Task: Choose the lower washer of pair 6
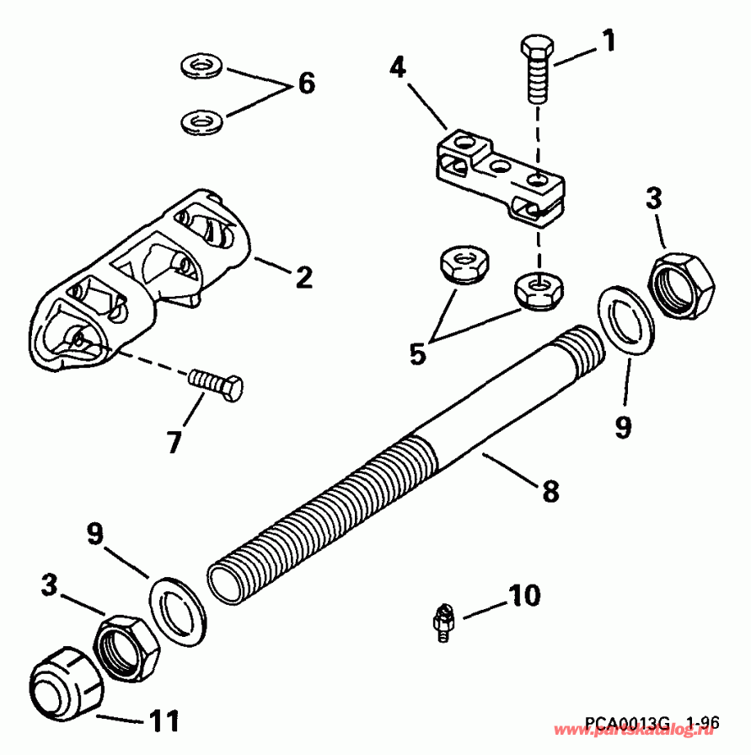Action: [200, 121]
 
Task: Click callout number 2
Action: [303, 276]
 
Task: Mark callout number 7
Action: [174, 440]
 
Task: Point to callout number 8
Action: [550, 490]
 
